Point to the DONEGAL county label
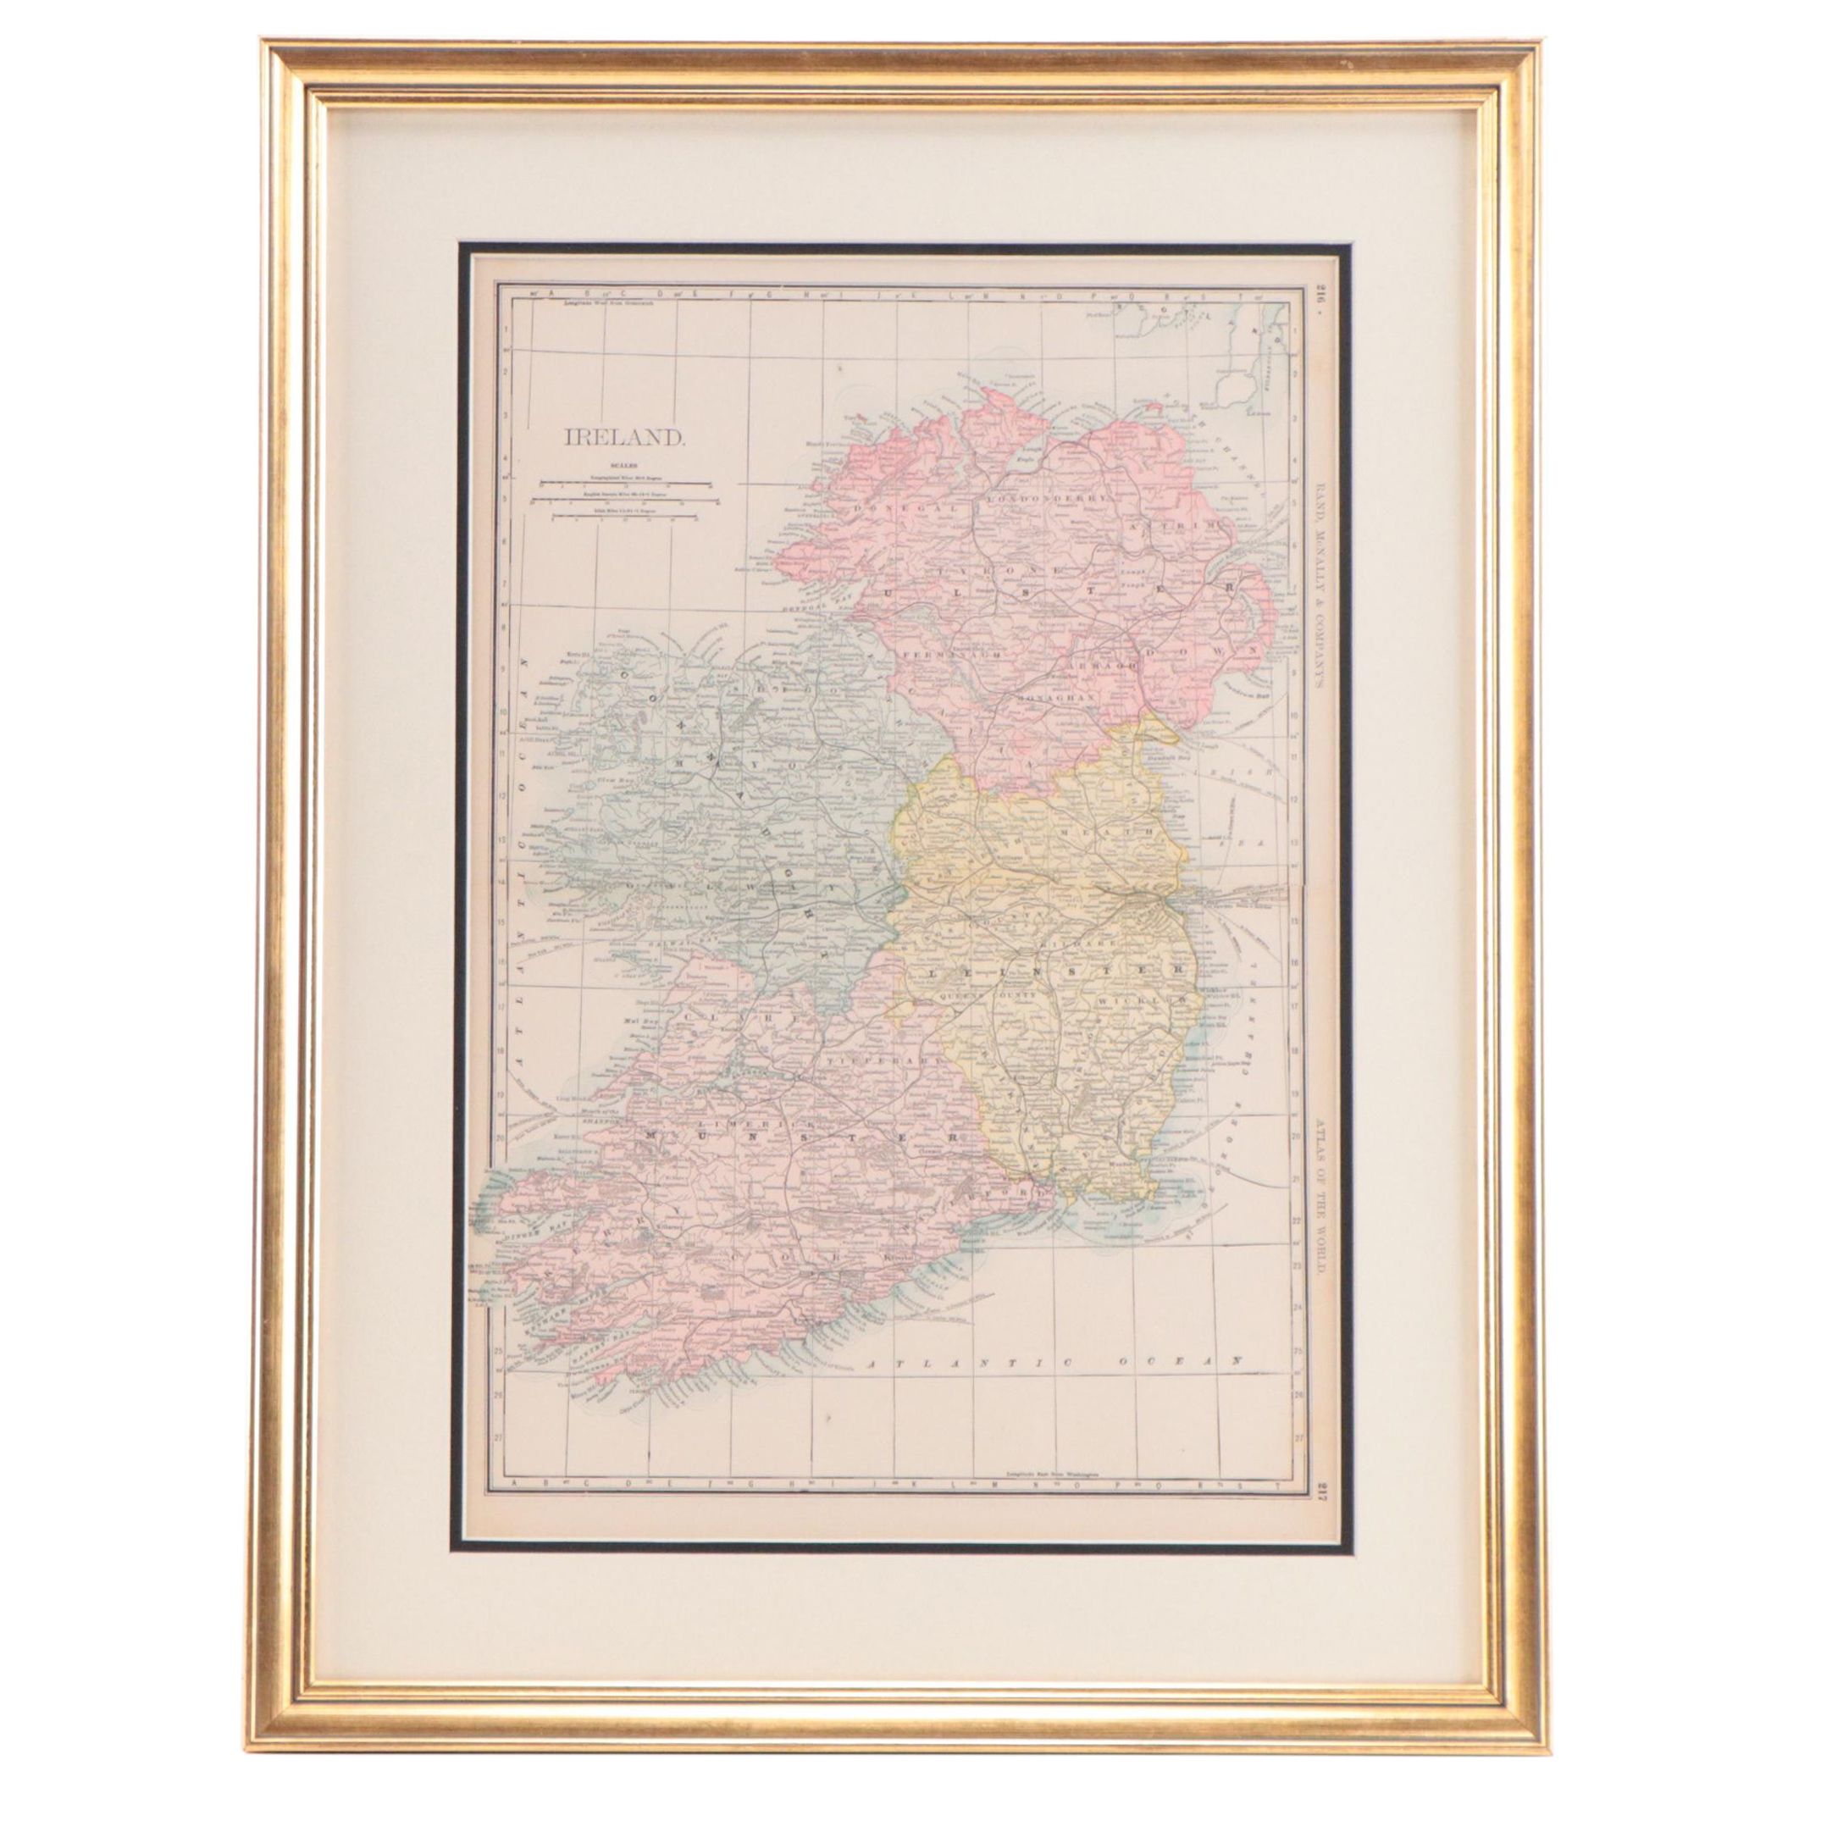[x=886, y=506]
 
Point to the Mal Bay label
[x=639, y=1019]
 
